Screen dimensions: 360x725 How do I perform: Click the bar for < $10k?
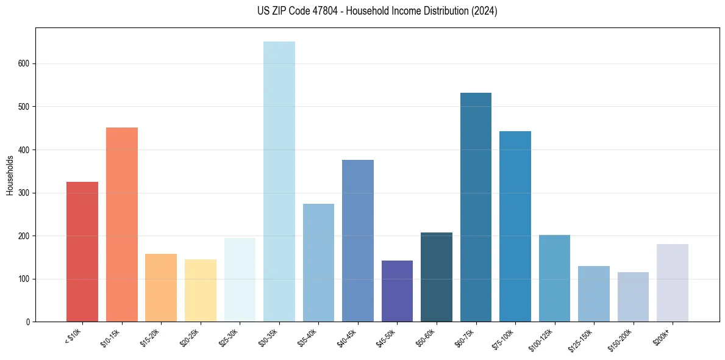[x=82, y=251]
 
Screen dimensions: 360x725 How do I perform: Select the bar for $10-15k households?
[x=121, y=225]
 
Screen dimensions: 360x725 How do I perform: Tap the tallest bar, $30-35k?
[x=279, y=181]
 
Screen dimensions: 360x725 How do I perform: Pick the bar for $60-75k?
[x=476, y=207]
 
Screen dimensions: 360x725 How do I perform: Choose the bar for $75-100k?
[x=515, y=226]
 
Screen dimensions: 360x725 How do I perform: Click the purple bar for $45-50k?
[x=397, y=291]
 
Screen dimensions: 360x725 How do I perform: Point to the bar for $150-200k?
[x=633, y=297]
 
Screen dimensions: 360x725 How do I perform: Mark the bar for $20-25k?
[x=200, y=290]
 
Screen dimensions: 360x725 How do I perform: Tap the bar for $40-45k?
[x=357, y=240]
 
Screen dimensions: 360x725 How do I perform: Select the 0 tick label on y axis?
[x=29, y=322]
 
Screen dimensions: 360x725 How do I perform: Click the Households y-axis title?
[x=10, y=175]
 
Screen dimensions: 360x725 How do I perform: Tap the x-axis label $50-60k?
[x=424, y=337]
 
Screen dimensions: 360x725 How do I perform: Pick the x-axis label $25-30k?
[x=228, y=337]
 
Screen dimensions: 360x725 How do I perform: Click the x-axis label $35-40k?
[x=307, y=337]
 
